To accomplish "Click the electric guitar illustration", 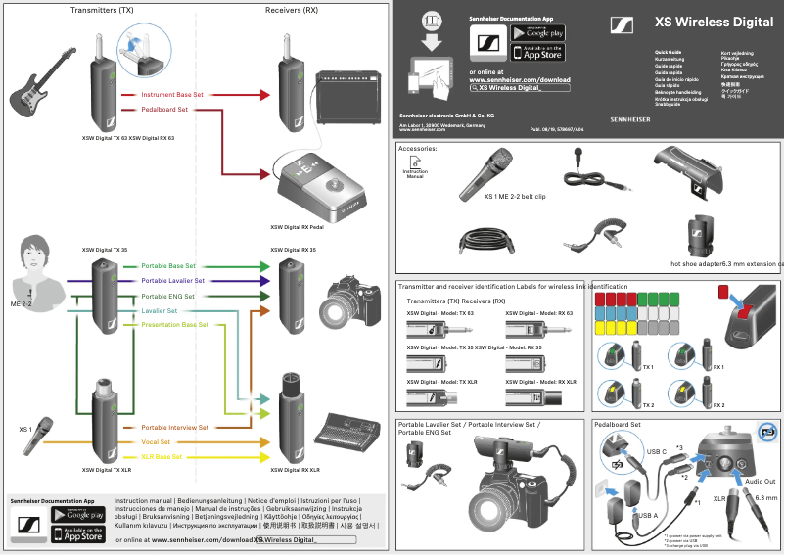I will click(x=45, y=87).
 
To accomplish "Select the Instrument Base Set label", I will click(x=172, y=96).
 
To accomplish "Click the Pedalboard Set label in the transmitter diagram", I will click(x=164, y=110).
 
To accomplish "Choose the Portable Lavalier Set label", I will click(x=172, y=281).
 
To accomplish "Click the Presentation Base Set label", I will click(x=175, y=325).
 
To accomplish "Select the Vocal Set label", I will click(x=157, y=442).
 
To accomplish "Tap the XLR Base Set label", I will click(x=162, y=457).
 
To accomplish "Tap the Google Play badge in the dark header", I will click(x=538, y=32).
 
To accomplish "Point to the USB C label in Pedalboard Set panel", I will click(x=657, y=452).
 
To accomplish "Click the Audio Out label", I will click(x=760, y=481).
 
